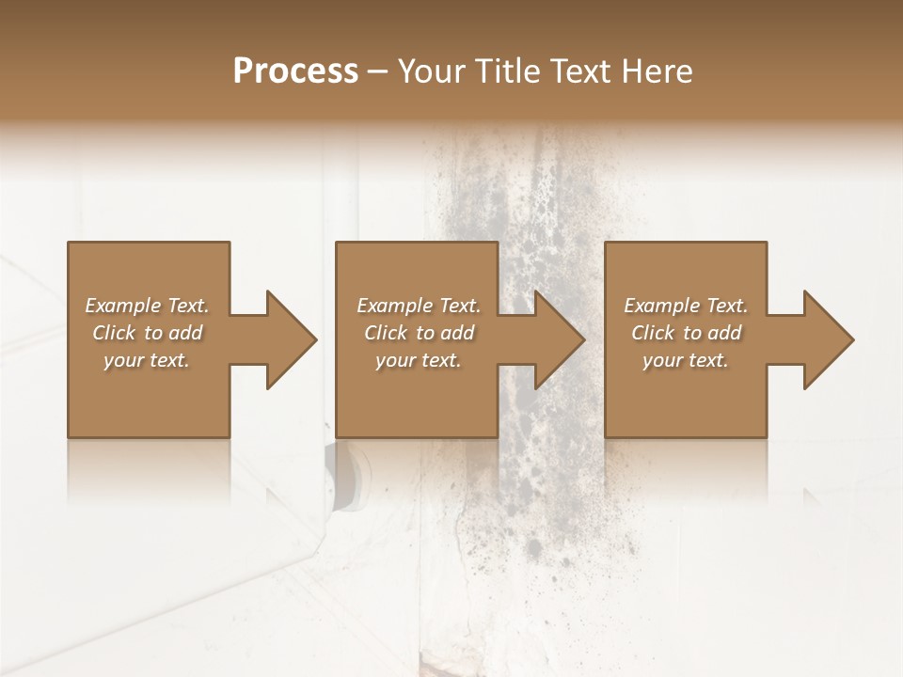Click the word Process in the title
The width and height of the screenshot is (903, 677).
point(295,71)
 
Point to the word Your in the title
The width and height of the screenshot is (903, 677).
point(431,71)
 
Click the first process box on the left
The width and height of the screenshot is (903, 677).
point(149,395)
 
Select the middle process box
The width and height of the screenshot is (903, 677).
point(417,395)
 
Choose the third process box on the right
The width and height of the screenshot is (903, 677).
point(686,395)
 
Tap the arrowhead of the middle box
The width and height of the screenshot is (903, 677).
point(559,339)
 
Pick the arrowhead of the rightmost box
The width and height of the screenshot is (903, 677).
point(828,339)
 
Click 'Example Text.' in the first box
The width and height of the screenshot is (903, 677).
point(147,306)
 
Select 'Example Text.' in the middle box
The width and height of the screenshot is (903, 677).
point(419,306)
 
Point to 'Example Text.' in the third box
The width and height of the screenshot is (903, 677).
point(686,306)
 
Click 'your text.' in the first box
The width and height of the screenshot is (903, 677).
point(147,360)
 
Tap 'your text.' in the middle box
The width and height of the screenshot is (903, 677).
point(419,360)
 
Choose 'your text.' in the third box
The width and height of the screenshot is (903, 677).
point(686,360)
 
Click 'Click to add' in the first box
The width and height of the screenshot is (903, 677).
point(147,333)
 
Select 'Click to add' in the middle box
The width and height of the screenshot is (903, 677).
point(419,333)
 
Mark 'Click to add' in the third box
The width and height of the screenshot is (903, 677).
point(686,333)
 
